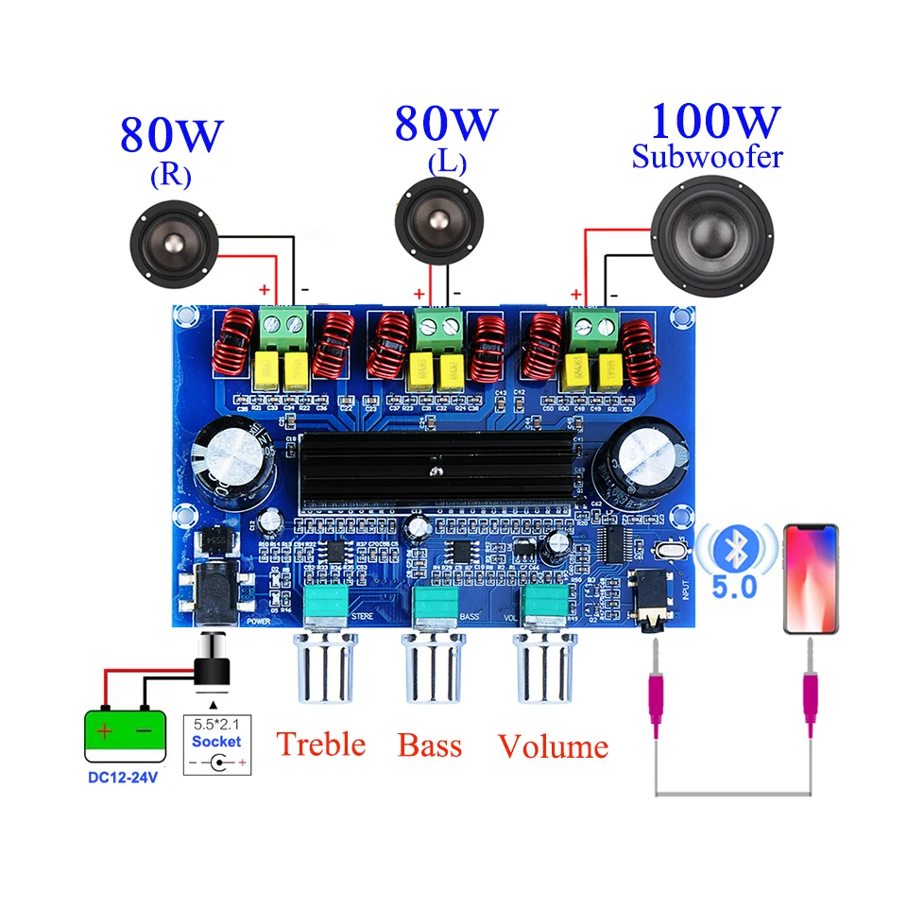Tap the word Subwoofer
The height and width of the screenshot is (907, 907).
tap(708, 156)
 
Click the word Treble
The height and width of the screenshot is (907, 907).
tap(321, 744)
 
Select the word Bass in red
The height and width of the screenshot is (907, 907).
tap(430, 745)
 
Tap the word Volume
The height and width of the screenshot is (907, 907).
tap(553, 746)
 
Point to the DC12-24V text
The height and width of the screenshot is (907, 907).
tap(125, 779)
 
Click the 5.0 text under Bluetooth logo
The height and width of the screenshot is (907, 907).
tap(734, 587)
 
